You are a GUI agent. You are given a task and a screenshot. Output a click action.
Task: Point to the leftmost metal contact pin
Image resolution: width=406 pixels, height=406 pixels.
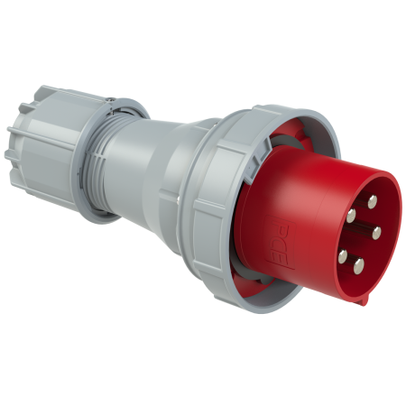point(342,256)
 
